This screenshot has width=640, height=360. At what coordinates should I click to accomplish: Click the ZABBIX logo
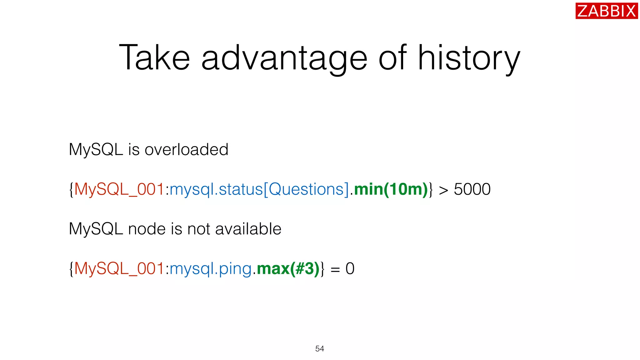[x=606, y=11]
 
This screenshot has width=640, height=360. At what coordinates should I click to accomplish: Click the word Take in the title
[x=154, y=58]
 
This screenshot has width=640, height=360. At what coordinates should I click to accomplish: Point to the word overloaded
[x=186, y=149]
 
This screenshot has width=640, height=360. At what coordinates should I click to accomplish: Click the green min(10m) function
[x=391, y=189]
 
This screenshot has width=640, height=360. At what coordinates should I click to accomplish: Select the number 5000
[x=472, y=189]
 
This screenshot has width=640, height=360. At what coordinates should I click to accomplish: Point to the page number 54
[x=319, y=349]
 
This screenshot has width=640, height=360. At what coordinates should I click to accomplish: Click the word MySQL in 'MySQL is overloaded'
[x=96, y=150]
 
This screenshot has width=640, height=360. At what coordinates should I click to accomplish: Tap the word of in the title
[x=392, y=58]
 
